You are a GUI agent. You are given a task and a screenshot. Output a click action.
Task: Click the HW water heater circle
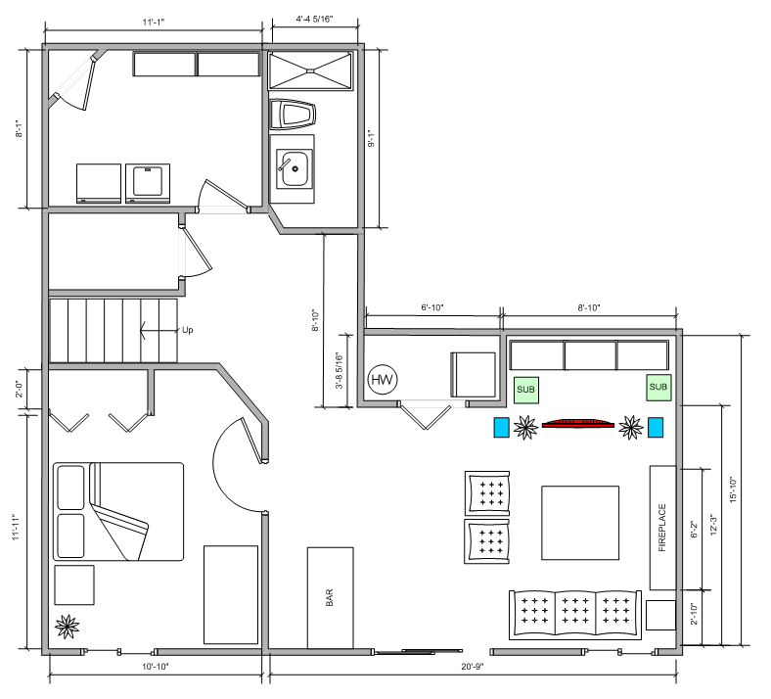pyautogui.click(x=383, y=380)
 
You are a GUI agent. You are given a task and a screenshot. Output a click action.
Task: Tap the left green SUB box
pyautogui.click(x=526, y=390)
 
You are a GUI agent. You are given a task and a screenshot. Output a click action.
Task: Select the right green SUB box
pyautogui.click(x=658, y=387)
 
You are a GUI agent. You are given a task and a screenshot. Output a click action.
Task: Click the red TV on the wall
pyautogui.click(x=577, y=424)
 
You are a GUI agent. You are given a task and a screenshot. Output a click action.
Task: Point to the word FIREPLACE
pyautogui.click(x=662, y=528)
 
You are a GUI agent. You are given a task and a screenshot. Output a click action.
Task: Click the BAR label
pyautogui.click(x=330, y=597)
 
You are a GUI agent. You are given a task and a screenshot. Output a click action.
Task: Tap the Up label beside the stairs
pyautogui.click(x=187, y=330)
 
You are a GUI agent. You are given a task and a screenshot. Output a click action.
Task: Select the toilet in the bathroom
pyautogui.click(x=293, y=115)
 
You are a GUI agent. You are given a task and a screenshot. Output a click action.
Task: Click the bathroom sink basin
pyautogui.click(x=295, y=168)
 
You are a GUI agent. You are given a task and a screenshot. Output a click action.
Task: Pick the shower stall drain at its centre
pyautogui.click(x=310, y=71)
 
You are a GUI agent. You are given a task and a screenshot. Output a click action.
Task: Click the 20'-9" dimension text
pyautogui.click(x=473, y=667)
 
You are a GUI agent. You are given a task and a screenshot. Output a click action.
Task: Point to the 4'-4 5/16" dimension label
pyautogui.click(x=314, y=20)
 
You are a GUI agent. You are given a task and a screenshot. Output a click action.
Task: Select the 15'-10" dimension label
pyautogui.click(x=733, y=489)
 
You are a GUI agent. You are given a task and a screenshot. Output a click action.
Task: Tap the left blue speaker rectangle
pyautogui.click(x=502, y=428)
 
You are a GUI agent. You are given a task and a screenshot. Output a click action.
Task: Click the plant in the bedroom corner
pyautogui.click(x=67, y=627)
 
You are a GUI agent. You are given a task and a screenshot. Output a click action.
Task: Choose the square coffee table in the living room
pyautogui.click(x=580, y=523)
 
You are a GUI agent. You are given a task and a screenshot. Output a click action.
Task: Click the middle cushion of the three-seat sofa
pyautogui.click(x=575, y=614)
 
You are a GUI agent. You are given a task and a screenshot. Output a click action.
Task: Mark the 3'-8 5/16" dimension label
pyautogui.click(x=340, y=371)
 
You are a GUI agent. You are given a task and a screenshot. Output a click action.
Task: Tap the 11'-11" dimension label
pyautogui.click(x=16, y=528)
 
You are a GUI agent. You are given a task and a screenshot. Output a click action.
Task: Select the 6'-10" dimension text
pyautogui.click(x=432, y=307)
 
